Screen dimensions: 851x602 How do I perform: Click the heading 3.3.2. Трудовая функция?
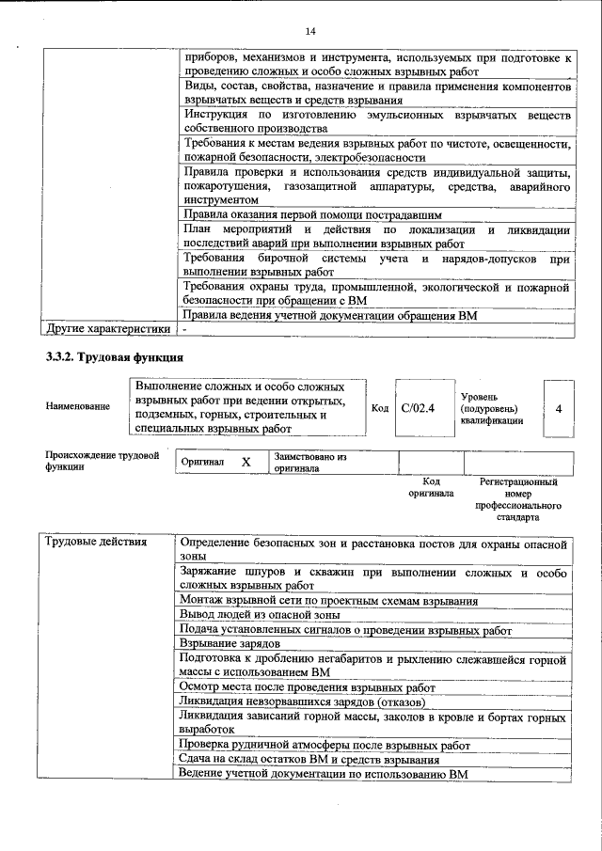tap(114, 357)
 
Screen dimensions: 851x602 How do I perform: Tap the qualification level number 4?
tap(560, 409)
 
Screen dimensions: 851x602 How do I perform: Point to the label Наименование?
tap(77, 406)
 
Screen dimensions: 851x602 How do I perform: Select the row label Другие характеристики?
tap(108, 329)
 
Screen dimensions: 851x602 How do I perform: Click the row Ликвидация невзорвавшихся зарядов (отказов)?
tap(303, 701)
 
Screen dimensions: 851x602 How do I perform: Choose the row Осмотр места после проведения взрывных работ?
tap(307, 687)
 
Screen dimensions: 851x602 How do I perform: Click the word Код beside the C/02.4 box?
tap(380, 408)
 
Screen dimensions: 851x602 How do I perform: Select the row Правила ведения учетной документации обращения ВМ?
tap(330, 315)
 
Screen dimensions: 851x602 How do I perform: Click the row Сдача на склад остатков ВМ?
tap(309, 760)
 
